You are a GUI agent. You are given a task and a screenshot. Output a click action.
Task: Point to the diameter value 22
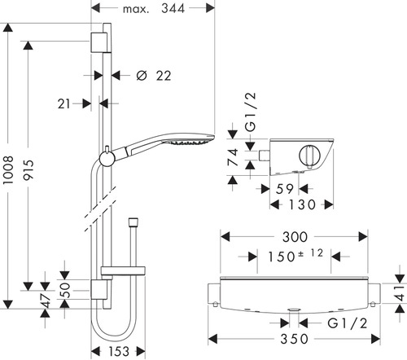click(162, 76)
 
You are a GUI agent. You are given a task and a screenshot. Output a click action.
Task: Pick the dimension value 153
click(120, 350)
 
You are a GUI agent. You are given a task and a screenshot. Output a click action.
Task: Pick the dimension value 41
click(398, 295)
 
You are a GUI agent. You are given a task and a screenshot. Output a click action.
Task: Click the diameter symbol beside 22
click(140, 76)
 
